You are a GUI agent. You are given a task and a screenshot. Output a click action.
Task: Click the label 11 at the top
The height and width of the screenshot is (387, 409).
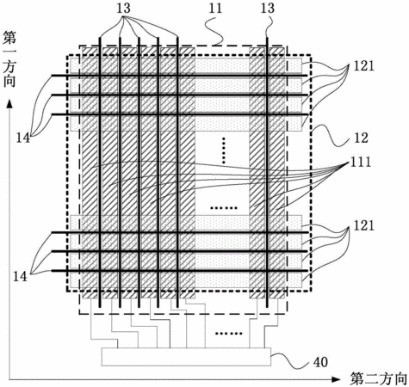click(x=215, y=8)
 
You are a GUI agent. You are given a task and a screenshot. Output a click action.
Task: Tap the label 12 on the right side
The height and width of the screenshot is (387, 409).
click(x=361, y=138)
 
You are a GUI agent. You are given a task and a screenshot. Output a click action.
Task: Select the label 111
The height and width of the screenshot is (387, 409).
click(x=361, y=163)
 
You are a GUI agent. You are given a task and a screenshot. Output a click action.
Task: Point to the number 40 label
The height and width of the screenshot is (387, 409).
click(x=320, y=362)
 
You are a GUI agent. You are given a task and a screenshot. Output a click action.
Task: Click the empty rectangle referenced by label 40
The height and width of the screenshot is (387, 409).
click(x=186, y=357)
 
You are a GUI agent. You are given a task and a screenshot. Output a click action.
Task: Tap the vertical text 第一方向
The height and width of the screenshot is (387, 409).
click(x=9, y=59)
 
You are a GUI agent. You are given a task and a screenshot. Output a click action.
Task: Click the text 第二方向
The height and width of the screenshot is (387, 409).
click(x=379, y=379)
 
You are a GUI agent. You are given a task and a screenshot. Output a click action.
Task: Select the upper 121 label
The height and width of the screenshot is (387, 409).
click(x=363, y=66)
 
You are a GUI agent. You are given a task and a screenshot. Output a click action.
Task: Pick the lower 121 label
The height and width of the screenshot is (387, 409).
click(x=363, y=226)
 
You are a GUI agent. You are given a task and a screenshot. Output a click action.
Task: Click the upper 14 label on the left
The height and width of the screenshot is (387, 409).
click(x=22, y=138)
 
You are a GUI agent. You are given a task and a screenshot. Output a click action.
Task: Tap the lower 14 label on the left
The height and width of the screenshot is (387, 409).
click(x=20, y=277)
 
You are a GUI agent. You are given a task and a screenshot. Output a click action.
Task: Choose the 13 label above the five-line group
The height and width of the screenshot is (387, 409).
click(x=123, y=8)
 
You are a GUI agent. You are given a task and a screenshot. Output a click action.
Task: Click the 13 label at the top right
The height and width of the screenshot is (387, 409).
click(x=268, y=8)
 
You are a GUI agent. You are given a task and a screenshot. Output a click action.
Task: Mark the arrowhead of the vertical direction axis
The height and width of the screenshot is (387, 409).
click(x=9, y=104)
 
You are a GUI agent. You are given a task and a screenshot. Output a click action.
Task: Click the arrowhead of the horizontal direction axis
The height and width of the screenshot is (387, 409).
click(x=336, y=379)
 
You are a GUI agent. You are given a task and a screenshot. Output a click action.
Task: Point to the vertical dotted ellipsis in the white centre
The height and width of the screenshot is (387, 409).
click(x=224, y=150)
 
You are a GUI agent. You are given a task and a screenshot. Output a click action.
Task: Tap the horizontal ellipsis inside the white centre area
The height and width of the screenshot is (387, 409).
click(x=224, y=208)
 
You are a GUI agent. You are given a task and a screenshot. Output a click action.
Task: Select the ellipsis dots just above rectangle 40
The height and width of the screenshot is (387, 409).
click(x=229, y=333)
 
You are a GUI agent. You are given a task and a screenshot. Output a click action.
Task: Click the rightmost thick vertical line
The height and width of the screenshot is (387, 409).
click(x=267, y=172)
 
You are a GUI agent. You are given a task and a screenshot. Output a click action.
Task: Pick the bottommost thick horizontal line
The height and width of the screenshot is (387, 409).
click(x=180, y=270)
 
